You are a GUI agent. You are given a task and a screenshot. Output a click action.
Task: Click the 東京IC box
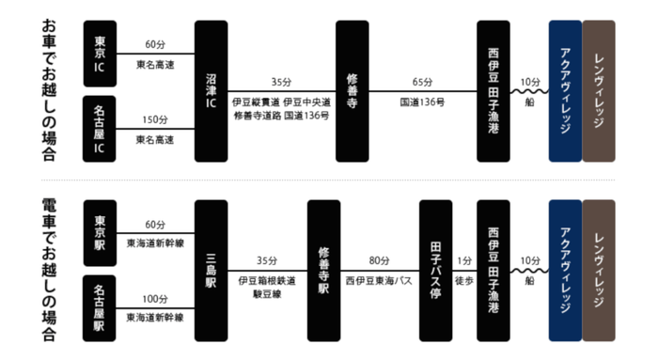101,54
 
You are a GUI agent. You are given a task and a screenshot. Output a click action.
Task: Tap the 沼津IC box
211,91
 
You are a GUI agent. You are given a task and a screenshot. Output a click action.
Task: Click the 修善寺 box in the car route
352,91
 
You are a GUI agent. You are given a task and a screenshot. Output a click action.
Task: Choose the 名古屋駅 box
101,307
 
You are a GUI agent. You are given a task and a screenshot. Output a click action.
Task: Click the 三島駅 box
211,270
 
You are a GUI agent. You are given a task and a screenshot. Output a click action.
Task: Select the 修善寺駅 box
323,270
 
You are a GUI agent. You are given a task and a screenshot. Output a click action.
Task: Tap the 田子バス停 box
435,270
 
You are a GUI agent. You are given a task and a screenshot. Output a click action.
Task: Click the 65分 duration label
422,83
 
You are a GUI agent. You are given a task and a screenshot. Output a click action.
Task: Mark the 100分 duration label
155,299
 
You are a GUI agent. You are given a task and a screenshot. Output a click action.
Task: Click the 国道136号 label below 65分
422,100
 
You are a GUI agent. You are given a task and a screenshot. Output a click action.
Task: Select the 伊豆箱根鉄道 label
267,279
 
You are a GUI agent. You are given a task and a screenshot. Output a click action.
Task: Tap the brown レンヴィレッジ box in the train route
600,270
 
